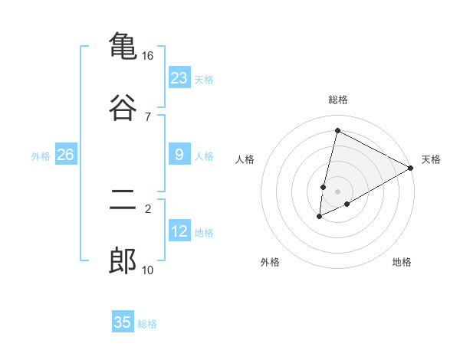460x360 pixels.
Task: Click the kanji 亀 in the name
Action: click(123, 46)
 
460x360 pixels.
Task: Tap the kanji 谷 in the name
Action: click(123, 106)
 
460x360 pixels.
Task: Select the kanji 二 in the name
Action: click(123, 201)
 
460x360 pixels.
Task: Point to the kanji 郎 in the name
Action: click(123, 261)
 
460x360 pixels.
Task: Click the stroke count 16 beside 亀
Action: click(147, 56)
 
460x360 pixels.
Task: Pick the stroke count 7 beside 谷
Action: click(147, 116)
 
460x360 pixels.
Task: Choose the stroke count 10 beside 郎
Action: click(147, 270)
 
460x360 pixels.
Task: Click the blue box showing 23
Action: click(179, 78)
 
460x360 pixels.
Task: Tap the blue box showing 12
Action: click(179, 232)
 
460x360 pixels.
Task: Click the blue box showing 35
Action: click(123, 322)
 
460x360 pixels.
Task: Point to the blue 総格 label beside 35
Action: click(147, 324)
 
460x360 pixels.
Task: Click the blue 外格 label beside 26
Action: click(41, 156)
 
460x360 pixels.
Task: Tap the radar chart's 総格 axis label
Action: click(338, 100)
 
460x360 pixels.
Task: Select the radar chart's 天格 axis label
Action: click(431, 159)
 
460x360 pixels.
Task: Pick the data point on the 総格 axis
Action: click(337, 130)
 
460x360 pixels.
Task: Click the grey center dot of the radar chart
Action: click(337, 191)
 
